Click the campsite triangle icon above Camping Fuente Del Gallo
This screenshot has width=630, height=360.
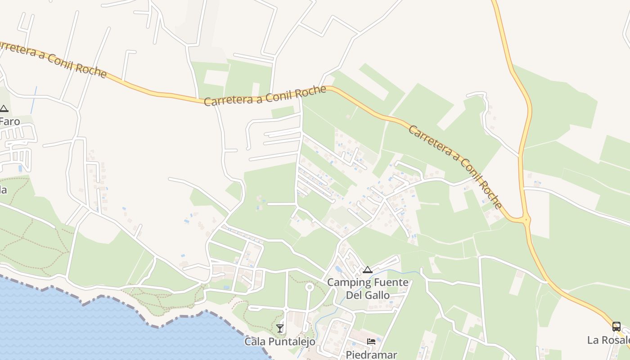[x=368, y=270]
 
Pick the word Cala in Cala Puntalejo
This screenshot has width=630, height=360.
[x=254, y=342]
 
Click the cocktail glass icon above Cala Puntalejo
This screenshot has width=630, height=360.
[x=280, y=328]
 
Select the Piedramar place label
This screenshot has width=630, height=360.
[x=371, y=355]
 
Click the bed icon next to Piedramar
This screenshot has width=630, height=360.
[x=371, y=342]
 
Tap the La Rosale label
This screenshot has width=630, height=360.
[x=607, y=340]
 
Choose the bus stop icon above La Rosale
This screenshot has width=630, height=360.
[x=616, y=326]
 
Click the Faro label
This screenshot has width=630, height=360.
[x=9, y=121]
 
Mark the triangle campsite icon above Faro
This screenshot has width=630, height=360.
[x=4, y=108]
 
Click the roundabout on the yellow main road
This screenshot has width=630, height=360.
[x=525, y=220]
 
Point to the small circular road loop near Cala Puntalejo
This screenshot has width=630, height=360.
[x=309, y=287]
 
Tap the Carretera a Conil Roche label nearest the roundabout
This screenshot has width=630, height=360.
[x=454, y=166]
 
